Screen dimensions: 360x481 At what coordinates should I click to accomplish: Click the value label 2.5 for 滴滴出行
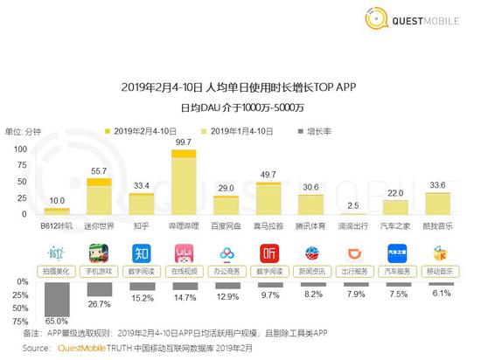coord(351,205)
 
